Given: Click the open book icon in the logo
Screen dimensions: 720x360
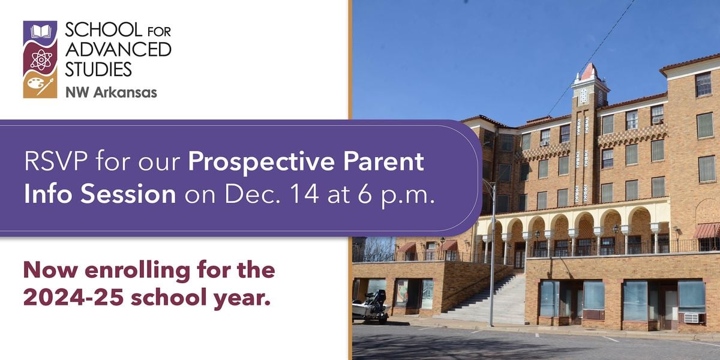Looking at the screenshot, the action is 41,31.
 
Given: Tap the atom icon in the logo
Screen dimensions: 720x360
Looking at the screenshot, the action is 41,60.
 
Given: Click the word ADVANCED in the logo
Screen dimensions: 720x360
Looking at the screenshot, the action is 118,49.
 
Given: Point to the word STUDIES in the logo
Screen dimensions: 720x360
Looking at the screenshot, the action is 98,69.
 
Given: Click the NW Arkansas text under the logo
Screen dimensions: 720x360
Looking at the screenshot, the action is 111,92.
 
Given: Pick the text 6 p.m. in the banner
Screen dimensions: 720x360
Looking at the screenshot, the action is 396,196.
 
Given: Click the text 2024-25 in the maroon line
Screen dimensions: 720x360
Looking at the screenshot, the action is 73,297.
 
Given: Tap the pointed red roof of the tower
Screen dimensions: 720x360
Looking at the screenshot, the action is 589,72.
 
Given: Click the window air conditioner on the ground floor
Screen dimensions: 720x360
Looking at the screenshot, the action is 691,318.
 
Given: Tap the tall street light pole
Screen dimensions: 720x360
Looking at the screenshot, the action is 492,254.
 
